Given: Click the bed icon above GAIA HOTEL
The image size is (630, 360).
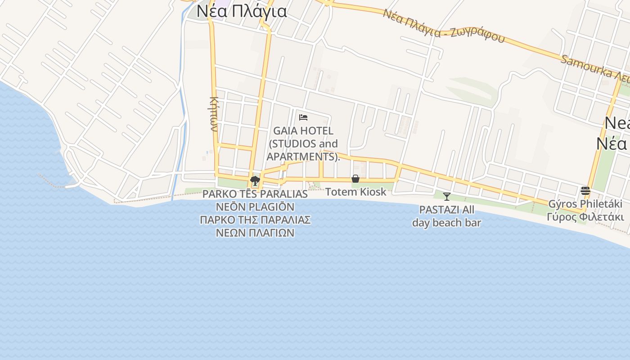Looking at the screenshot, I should (303, 118).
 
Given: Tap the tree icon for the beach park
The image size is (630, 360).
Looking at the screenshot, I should (255, 181).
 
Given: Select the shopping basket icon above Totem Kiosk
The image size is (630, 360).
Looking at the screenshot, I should (355, 179).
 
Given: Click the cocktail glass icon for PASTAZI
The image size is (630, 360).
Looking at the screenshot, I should (447, 197).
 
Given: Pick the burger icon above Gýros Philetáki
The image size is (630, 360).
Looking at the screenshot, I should (585, 191).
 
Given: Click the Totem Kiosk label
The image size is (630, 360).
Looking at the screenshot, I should (355, 192).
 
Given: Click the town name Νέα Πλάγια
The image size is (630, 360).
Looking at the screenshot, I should (242, 11).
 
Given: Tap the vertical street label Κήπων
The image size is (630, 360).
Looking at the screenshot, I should (214, 113).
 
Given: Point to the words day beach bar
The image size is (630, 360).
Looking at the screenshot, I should (447, 222).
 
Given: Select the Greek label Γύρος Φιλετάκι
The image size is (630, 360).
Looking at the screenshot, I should (585, 216).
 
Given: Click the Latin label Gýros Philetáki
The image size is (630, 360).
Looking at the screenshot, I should (585, 204).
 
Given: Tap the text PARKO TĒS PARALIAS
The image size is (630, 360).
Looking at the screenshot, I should (255, 194).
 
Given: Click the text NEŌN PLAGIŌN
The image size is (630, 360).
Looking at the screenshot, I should (255, 207).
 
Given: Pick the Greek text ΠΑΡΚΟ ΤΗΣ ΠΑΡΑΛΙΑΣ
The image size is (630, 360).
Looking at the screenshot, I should (255, 220).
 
